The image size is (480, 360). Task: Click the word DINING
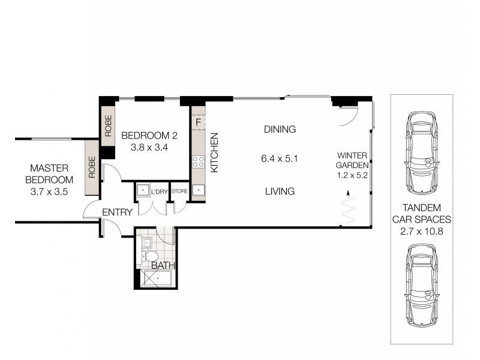coord(280,129)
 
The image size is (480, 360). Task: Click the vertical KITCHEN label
coord(214,154)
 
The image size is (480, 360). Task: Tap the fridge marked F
coord(197,122)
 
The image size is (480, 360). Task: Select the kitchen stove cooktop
coord(197,161)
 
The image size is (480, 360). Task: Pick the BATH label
coord(163,265)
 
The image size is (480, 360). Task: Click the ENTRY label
coord(117,212)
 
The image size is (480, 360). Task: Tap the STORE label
coord(179,191)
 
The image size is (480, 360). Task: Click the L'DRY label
coord(159,191)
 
